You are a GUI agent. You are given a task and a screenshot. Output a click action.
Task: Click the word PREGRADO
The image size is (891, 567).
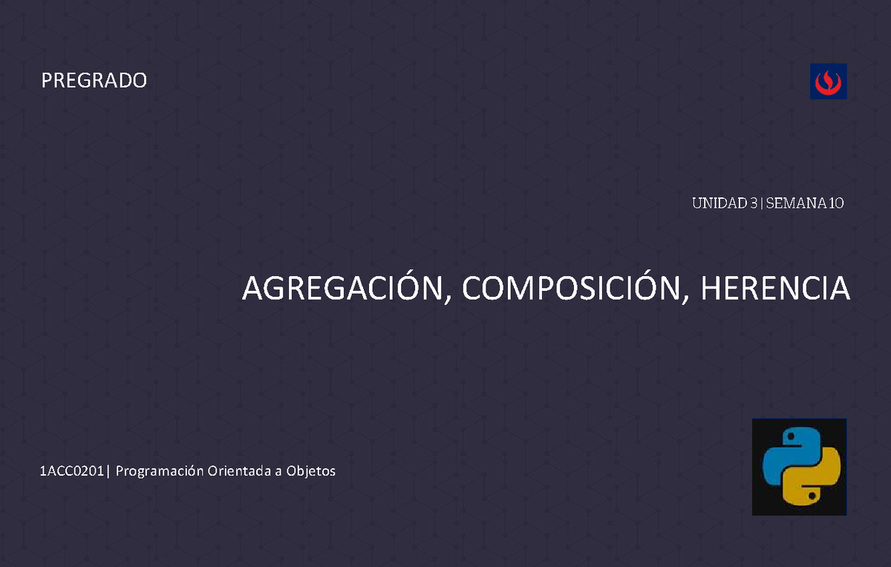[94, 80]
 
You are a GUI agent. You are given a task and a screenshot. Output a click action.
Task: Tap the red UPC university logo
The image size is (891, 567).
[828, 81]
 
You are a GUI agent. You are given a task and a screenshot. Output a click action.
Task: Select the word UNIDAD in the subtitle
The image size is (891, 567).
[718, 203]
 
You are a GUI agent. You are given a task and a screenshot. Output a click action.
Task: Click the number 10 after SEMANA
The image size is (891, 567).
[836, 203]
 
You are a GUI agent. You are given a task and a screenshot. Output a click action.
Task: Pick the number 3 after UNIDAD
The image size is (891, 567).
[753, 203]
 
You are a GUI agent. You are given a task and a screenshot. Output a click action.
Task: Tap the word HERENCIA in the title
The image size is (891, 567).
[774, 289]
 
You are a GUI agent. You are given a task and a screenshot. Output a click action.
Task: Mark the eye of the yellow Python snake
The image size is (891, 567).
[812, 495]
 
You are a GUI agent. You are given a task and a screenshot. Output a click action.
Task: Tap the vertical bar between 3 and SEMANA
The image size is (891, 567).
[761, 203]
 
